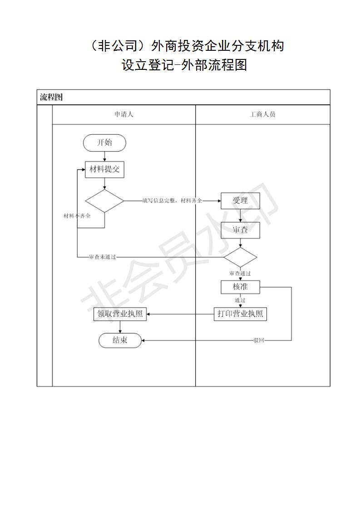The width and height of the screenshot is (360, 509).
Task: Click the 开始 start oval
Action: pyautogui.click(x=104, y=143)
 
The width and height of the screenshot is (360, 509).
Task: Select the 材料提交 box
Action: pyautogui.click(x=104, y=169)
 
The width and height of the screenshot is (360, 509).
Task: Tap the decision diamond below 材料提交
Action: pyautogui.click(x=104, y=201)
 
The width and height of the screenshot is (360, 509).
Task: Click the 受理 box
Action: pyautogui.click(x=241, y=201)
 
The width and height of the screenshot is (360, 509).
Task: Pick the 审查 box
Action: pyautogui.click(x=241, y=230)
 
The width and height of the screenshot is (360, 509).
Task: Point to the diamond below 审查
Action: pyautogui.click(x=240, y=257)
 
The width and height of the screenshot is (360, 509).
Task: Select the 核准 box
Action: pyautogui.click(x=241, y=287)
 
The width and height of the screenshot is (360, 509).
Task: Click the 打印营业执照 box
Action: pyautogui.click(x=240, y=314)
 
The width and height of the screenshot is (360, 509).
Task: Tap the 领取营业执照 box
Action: pyautogui.click(x=120, y=314)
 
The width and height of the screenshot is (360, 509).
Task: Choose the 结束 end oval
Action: pyautogui.click(x=120, y=341)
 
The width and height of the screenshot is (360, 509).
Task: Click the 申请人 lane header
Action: pyautogui.click(x=124, y=114)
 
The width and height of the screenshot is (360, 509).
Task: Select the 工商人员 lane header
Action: pyautogui.click(x=262, y=114)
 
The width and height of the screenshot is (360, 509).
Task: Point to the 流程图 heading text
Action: pyautogui.click(x=51, y=97)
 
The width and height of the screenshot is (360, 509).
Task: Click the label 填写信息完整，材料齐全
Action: pyautogui.click(x=172, y=201)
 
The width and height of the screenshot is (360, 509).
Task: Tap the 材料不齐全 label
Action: pyautogui.click(x=77, y=216)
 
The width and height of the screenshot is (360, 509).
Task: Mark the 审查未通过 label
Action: pyautogui.click(x=102, y=257)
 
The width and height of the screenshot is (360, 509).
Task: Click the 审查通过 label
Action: pyautogui.click(x=240, y=274)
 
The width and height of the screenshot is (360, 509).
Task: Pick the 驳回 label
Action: pyautogui.click(x=259, y=341)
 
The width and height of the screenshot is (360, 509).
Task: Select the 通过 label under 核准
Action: pyautogui.click(x=240, y=300)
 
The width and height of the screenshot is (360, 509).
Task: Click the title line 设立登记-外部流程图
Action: pyautogui.click(x=185, y=65)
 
